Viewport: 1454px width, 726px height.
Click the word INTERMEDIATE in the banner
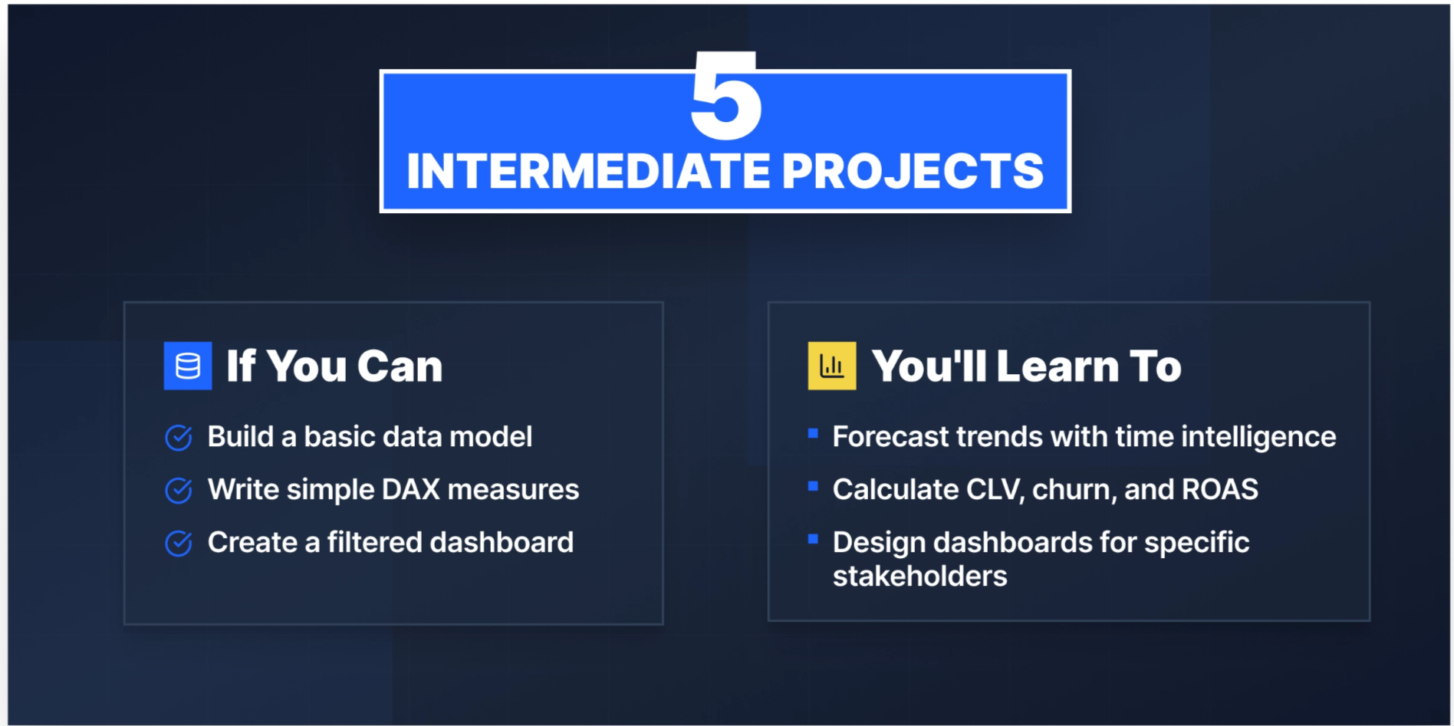587,171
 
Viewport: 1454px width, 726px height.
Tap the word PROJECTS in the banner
913,171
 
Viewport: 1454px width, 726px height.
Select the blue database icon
188,366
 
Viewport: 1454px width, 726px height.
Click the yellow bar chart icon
832,366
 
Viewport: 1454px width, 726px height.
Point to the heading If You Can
334,366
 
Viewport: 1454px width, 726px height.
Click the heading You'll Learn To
1026,366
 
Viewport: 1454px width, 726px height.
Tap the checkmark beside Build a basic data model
179,438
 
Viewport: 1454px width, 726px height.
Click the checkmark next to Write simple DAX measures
179,491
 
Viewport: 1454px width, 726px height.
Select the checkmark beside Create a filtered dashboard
179,544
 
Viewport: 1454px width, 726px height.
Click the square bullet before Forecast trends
813,434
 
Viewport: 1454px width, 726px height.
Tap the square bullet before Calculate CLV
813,486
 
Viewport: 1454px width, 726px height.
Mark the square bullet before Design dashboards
813,539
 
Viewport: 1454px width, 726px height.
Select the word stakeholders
919,577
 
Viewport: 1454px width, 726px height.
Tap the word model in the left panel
491,437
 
